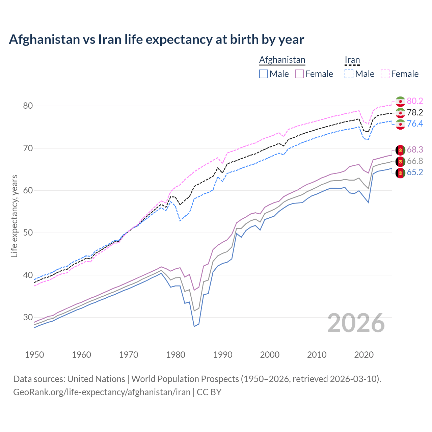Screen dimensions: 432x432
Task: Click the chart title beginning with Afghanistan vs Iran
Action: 156,39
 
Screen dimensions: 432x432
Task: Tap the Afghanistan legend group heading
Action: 282,60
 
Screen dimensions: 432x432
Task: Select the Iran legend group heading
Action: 352,60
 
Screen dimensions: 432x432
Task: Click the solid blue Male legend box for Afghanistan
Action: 264,74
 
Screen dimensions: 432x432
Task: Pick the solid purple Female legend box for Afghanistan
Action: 299,74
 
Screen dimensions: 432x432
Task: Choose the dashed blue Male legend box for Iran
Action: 349,74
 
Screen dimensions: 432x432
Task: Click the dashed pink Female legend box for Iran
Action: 385,74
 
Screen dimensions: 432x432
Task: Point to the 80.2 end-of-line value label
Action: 415,101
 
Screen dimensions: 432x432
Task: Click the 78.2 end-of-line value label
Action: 415,112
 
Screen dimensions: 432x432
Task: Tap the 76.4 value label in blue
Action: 415,124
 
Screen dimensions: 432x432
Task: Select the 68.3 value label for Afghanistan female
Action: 415,150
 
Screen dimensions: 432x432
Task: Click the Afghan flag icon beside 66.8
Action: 400,161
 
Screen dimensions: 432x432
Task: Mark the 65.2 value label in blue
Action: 415,172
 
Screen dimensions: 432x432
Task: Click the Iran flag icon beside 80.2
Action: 400,101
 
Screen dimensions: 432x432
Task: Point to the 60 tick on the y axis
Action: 28,190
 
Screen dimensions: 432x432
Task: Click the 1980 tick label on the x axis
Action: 175,355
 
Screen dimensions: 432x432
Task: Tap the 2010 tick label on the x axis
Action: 317,355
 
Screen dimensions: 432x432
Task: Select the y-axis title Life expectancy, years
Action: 14,216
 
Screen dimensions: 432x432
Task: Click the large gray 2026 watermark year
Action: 356,323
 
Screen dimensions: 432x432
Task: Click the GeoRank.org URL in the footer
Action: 102,392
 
